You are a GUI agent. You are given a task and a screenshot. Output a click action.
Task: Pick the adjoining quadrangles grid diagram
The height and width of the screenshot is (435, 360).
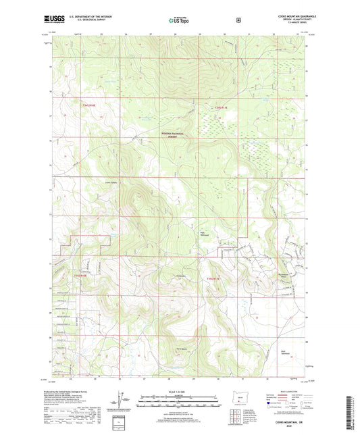(x=234, y=417)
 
